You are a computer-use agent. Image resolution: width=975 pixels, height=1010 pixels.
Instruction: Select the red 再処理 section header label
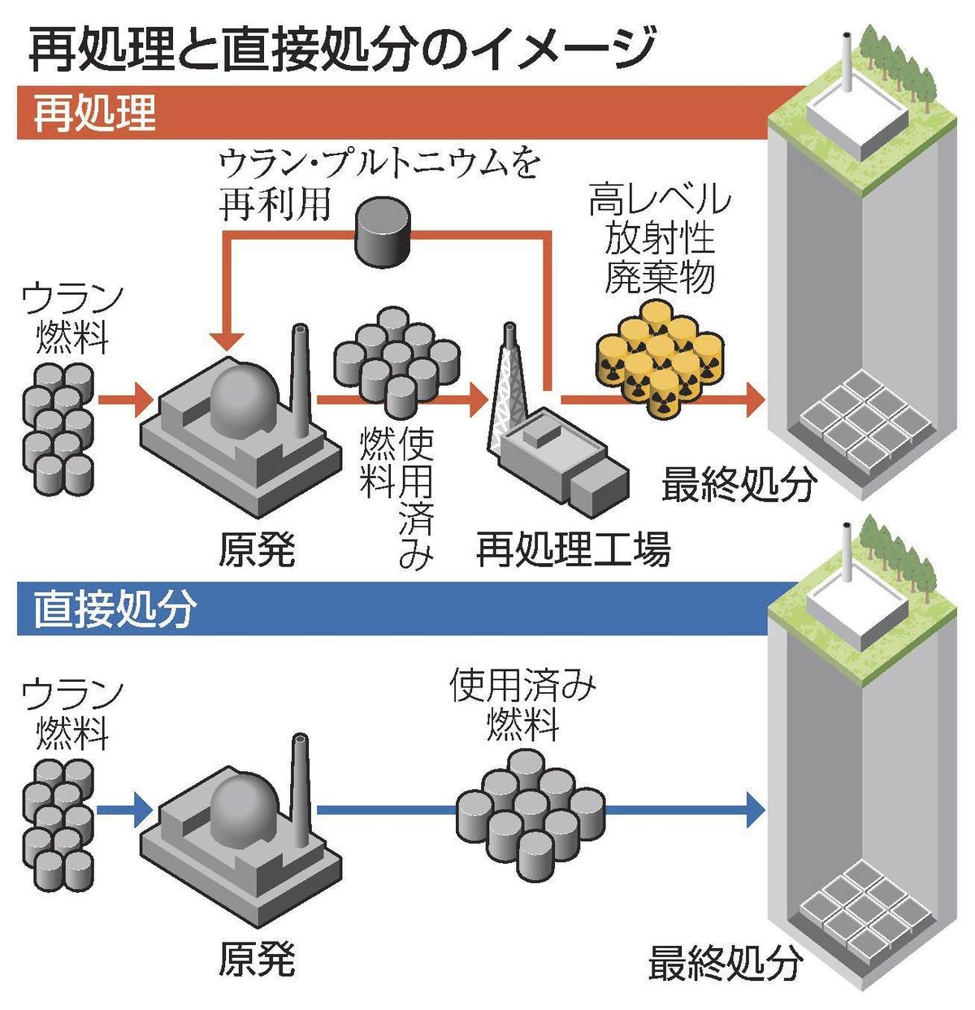[95, 113]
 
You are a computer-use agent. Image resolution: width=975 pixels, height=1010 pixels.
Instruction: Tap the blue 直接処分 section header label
[115, 609]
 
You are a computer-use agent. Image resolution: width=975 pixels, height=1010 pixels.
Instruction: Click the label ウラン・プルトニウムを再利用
[379, 183]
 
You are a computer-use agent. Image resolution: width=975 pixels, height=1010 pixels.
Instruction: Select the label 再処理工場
[574, 550]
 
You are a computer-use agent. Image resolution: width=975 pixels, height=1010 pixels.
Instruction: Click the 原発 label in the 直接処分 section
[256, 960]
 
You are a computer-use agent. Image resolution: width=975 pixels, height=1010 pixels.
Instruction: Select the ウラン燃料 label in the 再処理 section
[72, 317]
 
